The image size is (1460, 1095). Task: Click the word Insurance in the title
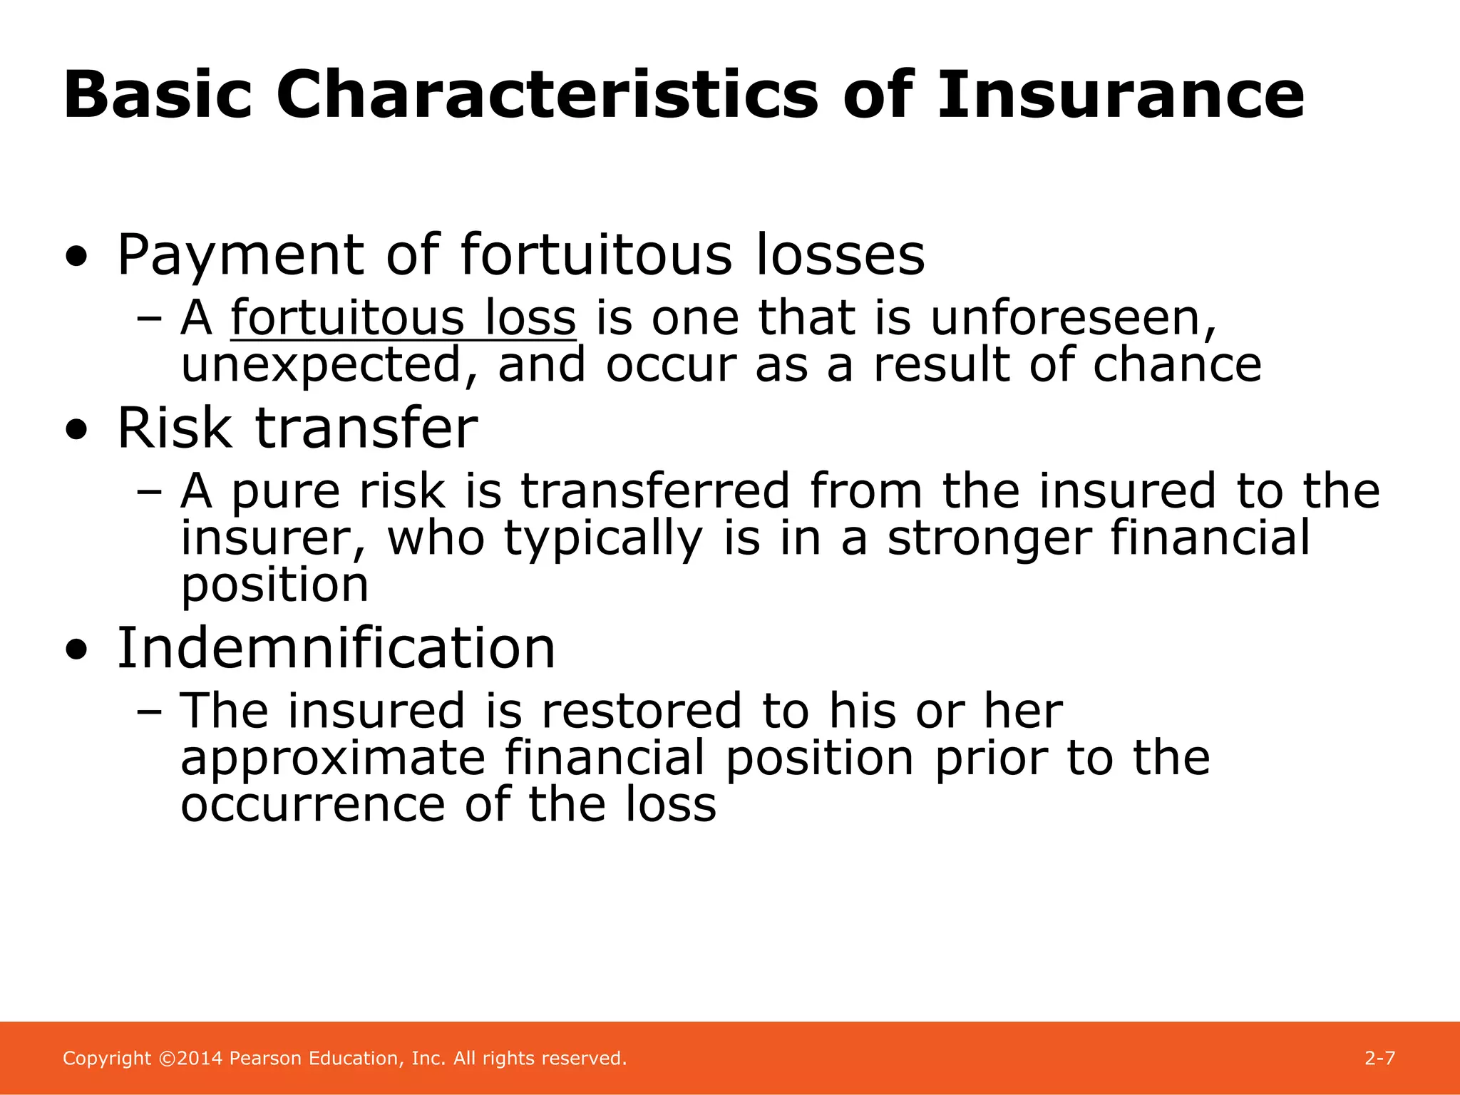click(1120, 95)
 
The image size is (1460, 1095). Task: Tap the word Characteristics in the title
click(547, 95)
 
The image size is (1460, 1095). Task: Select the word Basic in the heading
click(158, 95)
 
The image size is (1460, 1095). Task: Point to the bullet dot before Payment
click(76, 257)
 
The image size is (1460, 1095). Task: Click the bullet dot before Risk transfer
click(76, 431)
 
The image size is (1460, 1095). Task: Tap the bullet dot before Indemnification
click(76, 650)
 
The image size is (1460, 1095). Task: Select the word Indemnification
click(336, 648)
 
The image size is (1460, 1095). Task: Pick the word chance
click(1177, 365)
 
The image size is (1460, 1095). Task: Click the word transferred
click(655, 491)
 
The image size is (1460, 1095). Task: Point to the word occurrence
click(312, 806)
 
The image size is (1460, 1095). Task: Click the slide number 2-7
click(1379, 1059)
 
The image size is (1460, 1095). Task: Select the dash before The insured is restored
click(149, 711)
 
